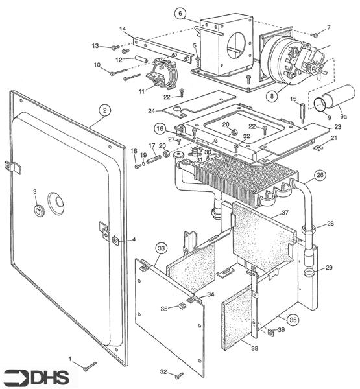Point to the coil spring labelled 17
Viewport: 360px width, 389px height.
pos(154,158)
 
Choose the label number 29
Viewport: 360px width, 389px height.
pos(329,268)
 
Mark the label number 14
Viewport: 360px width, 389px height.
pos(122,29)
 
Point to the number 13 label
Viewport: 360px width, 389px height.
pos(95,46)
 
